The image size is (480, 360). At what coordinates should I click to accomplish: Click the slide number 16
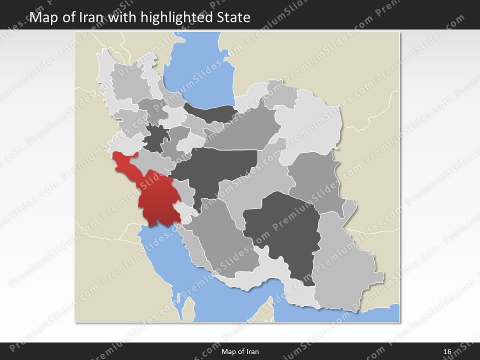tap(447, 351)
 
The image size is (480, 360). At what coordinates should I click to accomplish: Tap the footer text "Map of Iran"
tap(240, 351)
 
